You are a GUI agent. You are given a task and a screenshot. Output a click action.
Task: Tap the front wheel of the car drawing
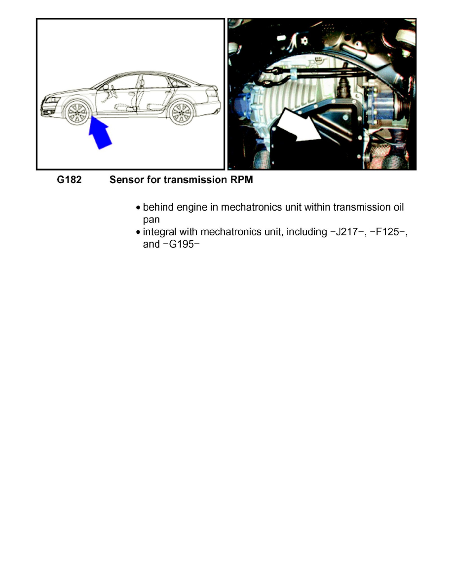tap(77, 112)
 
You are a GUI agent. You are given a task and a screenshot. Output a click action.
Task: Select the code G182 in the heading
tap(69, 180)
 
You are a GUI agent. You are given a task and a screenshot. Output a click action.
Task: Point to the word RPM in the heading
tap(242, 180)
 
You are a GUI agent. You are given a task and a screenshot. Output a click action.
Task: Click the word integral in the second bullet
tap(159, 232)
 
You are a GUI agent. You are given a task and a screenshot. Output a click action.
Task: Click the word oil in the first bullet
tap(398, 207)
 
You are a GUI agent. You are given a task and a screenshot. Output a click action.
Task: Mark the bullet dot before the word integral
tap(138, 232)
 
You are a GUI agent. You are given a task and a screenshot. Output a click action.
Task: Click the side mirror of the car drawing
tap(106, 87)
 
